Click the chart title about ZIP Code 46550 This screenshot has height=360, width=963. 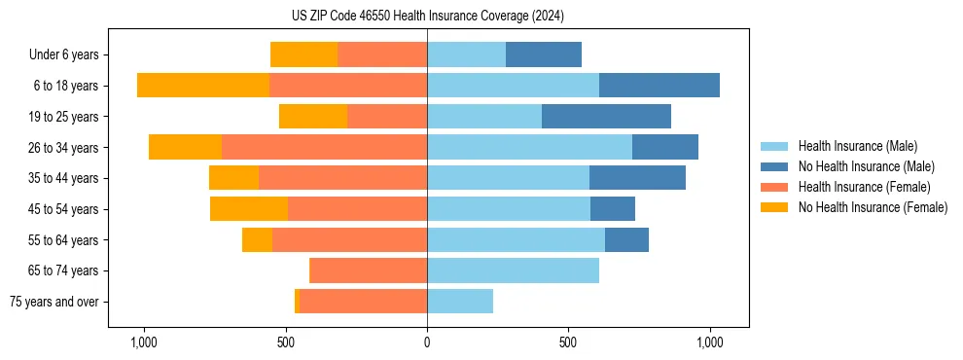click(x=427, y=16)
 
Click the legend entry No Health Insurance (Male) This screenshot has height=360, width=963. click(x=866, y=166)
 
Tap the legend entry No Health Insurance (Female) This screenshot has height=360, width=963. click(x=872, y=207)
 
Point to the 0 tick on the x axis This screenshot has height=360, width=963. click(x=427, y=342)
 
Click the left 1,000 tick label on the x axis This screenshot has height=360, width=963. click(x=144, y=342)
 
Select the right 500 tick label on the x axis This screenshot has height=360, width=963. click(x=568, y=342)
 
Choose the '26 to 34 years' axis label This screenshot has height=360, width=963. click(x=64, y=147)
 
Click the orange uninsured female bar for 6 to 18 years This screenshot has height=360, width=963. click(x=203, y=86)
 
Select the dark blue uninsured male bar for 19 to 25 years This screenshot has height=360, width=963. click(x=606, y=116)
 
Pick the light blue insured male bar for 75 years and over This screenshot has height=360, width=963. click(x=460, y=302)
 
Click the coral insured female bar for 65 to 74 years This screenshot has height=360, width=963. click(x=368, y=270)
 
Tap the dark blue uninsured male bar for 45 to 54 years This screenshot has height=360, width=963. click(x=613, y=209)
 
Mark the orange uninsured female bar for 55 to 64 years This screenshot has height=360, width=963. click(x=257, y=239)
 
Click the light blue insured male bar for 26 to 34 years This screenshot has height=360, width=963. click(x=529, y=147)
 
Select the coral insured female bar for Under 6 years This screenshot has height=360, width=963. click(x=382, y=54)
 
